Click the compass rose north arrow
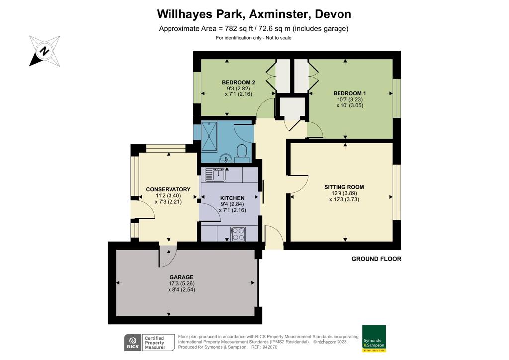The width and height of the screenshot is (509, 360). point(44,51)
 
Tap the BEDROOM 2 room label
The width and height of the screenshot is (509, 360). point(238,82)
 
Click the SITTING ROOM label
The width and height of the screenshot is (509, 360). point(344,187)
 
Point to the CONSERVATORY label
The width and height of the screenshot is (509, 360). point(168,189)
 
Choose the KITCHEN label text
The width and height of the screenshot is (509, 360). point(232,198)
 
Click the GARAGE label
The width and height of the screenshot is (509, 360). point(181,277)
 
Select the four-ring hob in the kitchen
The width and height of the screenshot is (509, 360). point(238,233)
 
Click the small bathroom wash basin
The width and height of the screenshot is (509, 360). point(226,159)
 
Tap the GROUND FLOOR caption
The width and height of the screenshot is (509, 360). point(376,259)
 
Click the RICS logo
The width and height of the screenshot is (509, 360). point(132,342)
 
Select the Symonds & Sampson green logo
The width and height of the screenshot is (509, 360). point(374,339)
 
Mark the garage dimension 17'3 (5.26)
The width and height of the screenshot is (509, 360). point(181,284)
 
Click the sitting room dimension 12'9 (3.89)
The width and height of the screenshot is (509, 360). point(344,194)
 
